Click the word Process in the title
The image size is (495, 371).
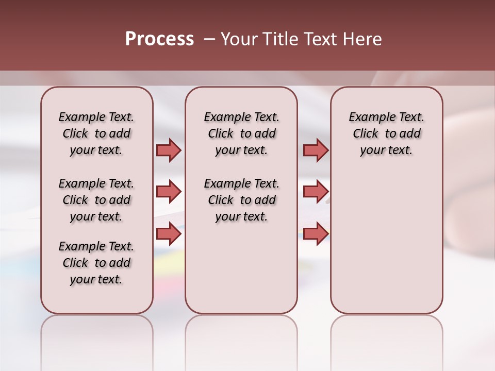[159, 39]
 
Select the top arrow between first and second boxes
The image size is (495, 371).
[169, 150]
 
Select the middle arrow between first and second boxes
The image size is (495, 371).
[169, 192]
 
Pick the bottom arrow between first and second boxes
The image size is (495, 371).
[169, 234]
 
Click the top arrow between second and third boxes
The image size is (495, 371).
[316, 150]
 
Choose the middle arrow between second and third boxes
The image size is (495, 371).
[316, 192]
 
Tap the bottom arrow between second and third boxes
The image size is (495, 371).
[316, 234]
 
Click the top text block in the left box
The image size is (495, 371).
[96, 133]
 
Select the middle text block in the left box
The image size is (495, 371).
[96, 200]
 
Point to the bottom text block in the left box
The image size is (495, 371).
[96, 263]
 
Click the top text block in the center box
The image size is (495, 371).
[241, 133]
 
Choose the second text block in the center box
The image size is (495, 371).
[241, 200]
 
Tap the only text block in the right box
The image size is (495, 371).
[386, 133]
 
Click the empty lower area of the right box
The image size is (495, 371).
[386, 242]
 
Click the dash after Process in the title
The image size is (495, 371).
[210, 39]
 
